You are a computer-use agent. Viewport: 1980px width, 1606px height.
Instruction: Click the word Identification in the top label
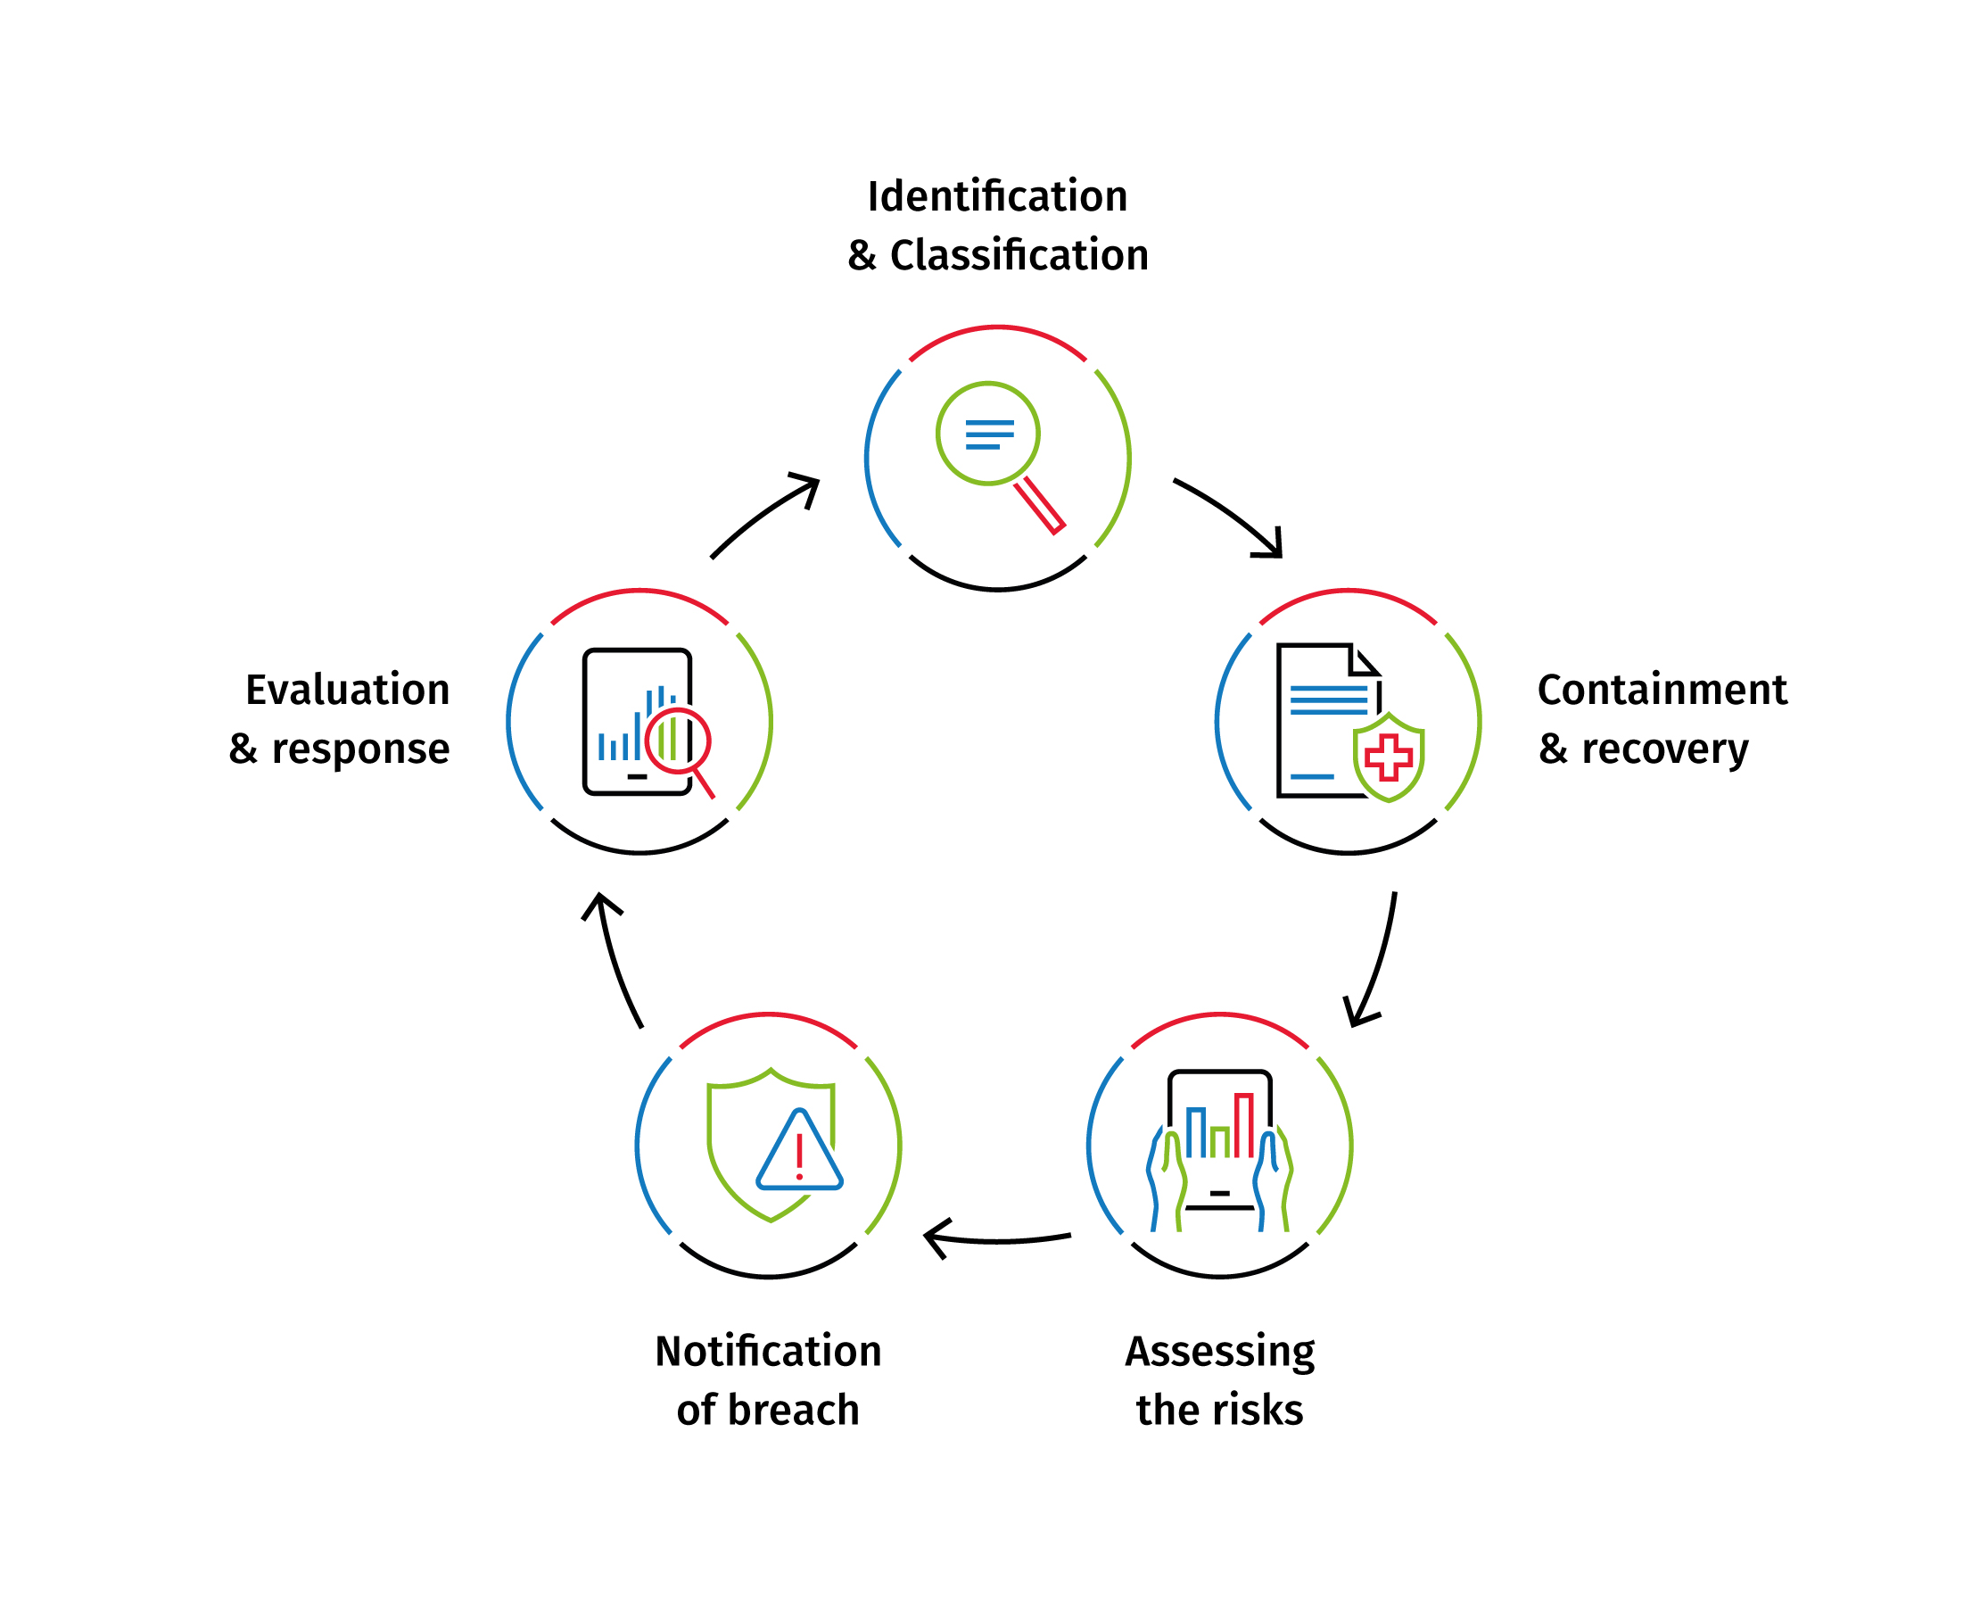tap(997, 197)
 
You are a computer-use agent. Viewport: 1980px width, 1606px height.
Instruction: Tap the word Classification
tap(1019, 255)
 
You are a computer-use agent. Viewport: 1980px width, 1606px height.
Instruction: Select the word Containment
tap(1662, 691)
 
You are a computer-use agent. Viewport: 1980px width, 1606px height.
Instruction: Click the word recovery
tap(1664, 749)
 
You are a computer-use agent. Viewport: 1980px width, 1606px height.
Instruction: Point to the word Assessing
tap(1220, 1353)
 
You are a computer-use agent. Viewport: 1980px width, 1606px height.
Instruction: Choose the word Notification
tap(768, 1352)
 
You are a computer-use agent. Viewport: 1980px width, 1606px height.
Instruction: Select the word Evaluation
tap(348, 691)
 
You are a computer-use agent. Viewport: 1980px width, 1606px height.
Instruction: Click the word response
tap(360, 749)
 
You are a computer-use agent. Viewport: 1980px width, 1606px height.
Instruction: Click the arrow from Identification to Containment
tap(1231, 516)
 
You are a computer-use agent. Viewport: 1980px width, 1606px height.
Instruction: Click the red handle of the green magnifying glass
tap(1041, 505)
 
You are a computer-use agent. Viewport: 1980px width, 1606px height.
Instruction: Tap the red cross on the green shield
tap(1388, 758)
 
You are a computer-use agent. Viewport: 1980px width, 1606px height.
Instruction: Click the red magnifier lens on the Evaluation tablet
tap(677, 740)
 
